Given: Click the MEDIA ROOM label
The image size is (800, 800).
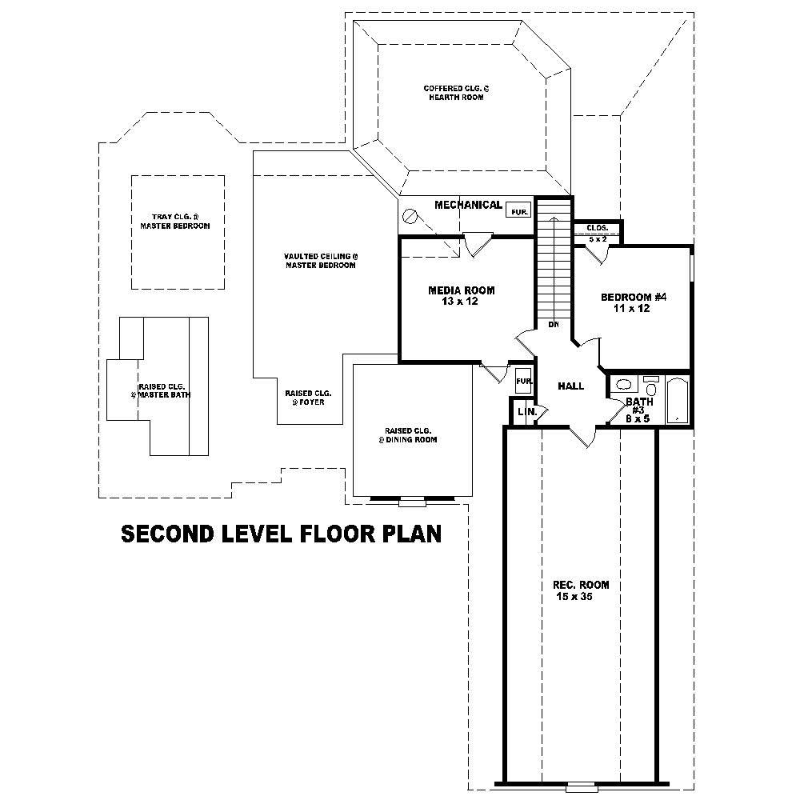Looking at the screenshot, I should pos(461,295).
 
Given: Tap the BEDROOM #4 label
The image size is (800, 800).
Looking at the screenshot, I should pos(634,302).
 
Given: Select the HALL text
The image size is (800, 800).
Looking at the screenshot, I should pos(570,386).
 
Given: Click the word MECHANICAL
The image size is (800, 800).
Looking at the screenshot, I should pos(468,206).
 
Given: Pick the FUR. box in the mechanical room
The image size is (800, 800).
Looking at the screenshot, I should pos(518,211).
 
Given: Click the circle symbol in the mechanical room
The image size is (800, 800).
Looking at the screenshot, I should pos(411,216).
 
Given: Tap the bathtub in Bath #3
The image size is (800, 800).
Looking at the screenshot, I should pos(677,399).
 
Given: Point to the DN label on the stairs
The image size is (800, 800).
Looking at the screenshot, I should pos(553,324).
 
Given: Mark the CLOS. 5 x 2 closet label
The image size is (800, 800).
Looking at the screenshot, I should pos(598,232).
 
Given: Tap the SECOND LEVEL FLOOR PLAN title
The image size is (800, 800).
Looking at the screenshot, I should pos(281,534).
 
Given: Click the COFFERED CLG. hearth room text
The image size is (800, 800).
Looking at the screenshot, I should pos(454,92).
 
